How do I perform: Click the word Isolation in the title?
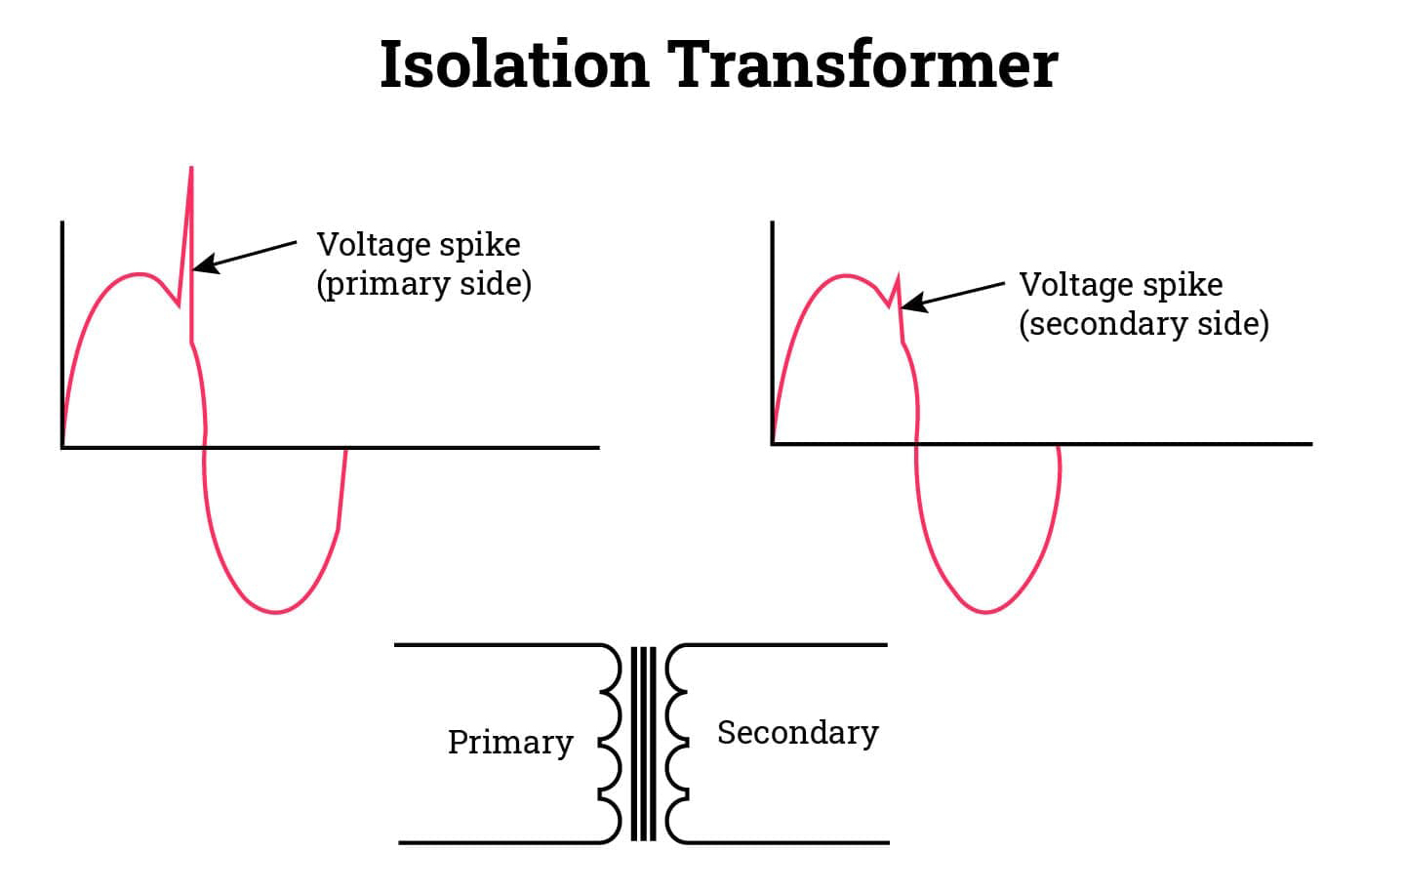coord(513,65)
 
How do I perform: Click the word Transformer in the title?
coord(862,65)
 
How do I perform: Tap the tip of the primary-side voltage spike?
coord(191,170)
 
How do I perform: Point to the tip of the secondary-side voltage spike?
coord(898,276)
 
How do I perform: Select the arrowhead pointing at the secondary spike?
coord(907,305)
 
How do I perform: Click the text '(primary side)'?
coord(423,284)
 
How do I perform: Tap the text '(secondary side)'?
coord(1143,324)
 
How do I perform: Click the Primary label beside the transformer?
coord(510,743)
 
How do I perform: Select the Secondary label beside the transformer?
coord(797,733)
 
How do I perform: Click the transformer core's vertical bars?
coord(643,744)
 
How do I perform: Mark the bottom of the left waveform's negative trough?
coord(276,612)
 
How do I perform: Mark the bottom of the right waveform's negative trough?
coord(985,612)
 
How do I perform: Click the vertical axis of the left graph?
coord(62,332)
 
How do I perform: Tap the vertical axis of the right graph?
coord(772,332)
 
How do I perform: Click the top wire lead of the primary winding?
coord(498,645)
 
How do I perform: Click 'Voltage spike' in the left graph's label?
coord(419,244)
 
